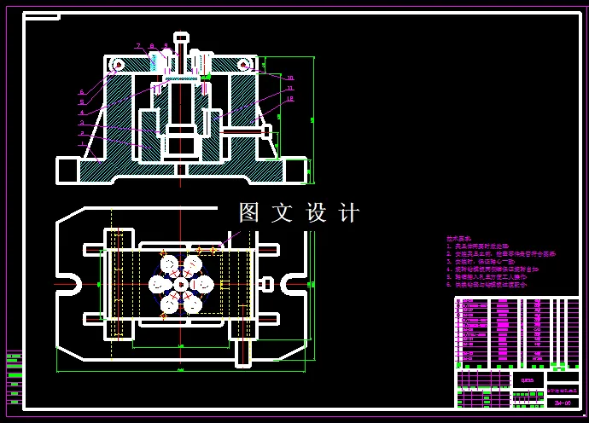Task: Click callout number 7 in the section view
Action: tap(137, 45)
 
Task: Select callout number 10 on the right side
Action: tap(290, 78)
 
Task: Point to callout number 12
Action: tap(290, 99)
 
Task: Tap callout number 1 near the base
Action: tap(82, 144)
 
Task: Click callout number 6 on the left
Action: tap(82, 92)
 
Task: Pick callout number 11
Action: tap(290, 88)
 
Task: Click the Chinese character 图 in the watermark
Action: tap(248, 212)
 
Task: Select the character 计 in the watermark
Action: tap(349, 212)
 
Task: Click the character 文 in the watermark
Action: tap(282, 212)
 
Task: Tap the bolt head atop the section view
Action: tap(181, 38)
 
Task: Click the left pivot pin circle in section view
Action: tap(118, 65)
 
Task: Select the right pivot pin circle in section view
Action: tap(244, 65)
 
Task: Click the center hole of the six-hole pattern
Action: tap(181, 283)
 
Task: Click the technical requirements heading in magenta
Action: tap(459, 239)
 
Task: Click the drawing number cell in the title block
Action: tap(562, 402)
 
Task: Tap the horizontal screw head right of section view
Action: tap(266, 132)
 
